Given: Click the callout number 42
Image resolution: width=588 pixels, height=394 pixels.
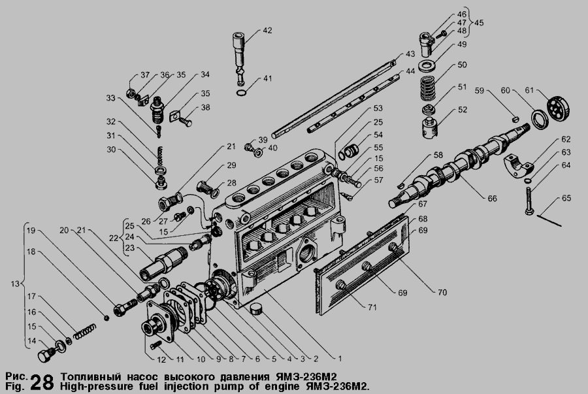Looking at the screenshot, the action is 267,30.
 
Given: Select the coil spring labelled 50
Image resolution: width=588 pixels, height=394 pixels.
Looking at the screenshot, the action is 427,88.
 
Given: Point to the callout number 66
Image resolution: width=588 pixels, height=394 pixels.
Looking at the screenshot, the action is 491,199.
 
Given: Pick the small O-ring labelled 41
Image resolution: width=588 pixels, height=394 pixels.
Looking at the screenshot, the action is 242,92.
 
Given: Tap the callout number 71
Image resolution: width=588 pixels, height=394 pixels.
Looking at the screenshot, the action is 372,307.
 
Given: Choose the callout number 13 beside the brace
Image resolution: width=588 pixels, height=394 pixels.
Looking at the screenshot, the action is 14,284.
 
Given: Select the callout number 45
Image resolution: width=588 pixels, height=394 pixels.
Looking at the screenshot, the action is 479,22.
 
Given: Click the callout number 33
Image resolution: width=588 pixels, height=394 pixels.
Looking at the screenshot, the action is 110,98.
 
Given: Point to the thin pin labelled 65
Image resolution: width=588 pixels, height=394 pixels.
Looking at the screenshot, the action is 549,220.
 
